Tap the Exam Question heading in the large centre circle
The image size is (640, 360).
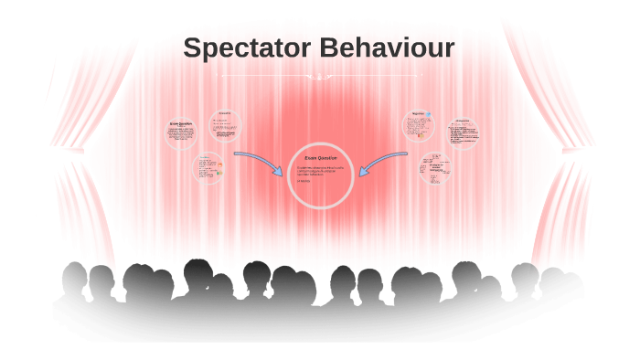[x=320, y=158]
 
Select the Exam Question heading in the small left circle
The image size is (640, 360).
[x=180, y=123]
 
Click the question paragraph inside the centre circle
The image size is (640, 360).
[x=320, y=170]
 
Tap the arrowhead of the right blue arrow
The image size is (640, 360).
[x=363, y=170]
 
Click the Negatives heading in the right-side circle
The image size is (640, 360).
[x=418, y=115]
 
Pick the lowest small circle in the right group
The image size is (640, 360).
[x=435, y=170]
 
